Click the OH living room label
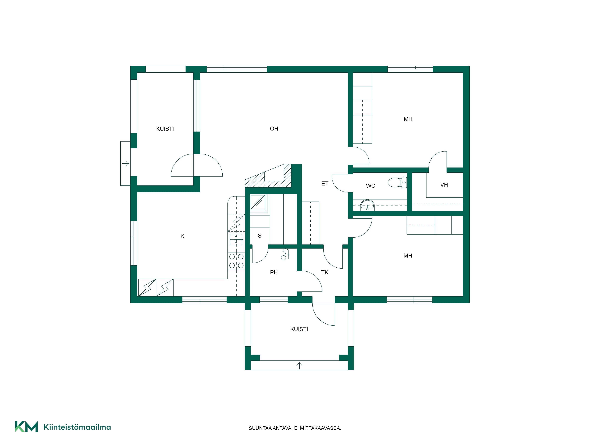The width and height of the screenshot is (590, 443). point(274,129)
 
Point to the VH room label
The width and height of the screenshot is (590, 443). point(444,185)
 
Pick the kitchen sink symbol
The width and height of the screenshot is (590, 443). point(236,240)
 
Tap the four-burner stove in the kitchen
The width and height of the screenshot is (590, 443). point(236,261)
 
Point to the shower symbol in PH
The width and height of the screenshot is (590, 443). point(285,254)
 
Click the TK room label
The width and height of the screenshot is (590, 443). point(325,272)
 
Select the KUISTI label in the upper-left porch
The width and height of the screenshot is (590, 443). point(165,129)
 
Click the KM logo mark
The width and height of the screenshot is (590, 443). point(26,426)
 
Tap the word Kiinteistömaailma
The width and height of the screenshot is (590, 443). point(77,427)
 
